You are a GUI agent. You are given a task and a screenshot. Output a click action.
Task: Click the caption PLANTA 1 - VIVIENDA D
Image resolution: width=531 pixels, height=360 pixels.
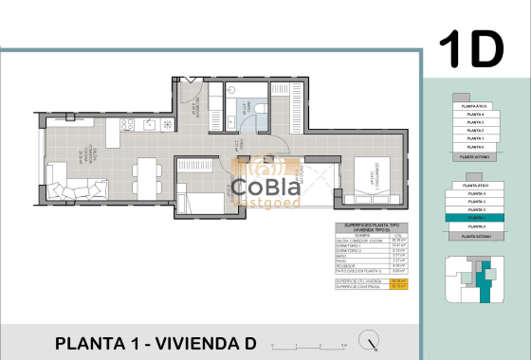156,342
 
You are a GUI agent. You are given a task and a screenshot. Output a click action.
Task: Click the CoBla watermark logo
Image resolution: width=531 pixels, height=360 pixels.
265,188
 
